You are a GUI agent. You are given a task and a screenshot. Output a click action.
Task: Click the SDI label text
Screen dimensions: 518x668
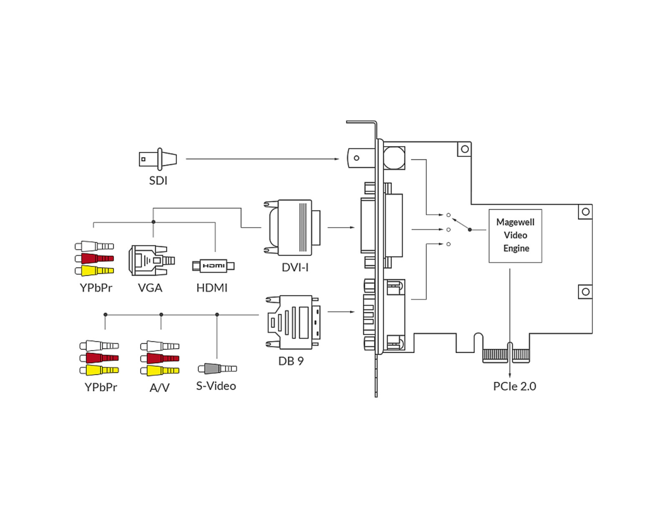click(x=158, y=180)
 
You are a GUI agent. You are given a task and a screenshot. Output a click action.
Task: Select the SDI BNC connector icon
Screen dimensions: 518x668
click(x=158, y=159)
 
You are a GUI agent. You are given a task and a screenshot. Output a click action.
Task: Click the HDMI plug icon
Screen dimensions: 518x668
click(x=213, y=266)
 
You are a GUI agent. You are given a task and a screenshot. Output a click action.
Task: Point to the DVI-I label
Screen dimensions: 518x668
click(x=295, y=268)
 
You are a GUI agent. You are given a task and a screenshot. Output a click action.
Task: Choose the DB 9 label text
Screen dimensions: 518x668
click(x=291, y=361)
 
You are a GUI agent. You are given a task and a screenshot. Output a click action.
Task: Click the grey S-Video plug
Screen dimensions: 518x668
click(x=217, y=369)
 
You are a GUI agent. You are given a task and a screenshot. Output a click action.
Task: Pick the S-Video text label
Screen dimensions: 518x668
click(x=216, y=386)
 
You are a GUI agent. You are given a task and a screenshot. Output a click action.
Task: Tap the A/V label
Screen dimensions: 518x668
click(x=159, y=388)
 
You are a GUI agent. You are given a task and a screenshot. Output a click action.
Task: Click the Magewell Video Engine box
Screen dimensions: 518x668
click(x=515, y=236)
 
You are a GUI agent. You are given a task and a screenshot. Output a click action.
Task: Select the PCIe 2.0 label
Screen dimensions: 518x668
click(x=514, y=387)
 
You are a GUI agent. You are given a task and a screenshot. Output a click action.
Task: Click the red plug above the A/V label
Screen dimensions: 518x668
click(x=159, y=358)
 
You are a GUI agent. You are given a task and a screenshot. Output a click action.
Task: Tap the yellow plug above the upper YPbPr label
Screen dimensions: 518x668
click(x=94, y=271)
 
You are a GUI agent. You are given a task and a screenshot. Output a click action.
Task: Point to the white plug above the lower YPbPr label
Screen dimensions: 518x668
click(x=99, y=346)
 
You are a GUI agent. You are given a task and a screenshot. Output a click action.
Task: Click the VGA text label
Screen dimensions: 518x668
click(x=150, y=288)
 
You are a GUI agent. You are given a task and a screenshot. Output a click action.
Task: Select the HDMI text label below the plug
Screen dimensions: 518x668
click(x=212, y=288)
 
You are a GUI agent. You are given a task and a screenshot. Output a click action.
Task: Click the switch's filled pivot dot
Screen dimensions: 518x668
click(x=470, y=230)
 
